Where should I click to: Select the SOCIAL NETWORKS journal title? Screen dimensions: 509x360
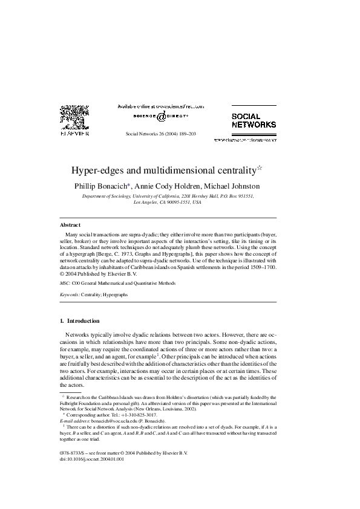coord(254,120)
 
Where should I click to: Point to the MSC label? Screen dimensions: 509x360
coord(65,282)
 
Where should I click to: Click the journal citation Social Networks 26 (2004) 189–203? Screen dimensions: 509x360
coord(160,133)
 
